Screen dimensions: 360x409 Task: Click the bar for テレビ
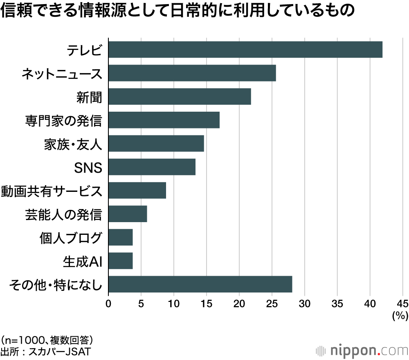pyautogui.click(x=245, y=49)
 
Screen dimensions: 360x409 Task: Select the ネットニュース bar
pyautogui.click(x=192, y=73)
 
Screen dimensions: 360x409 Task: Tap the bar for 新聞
pyautogui.click(x=180, y=97)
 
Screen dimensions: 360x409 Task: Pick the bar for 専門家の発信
pyautogui.click(x=164, y=120)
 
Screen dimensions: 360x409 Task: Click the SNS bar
pyautogui.click(x=152, y=167)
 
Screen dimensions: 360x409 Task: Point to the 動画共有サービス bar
pyautogui.click(x=137, y=190)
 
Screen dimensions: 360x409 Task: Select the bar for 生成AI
pyautogui.click(x=121, y=261)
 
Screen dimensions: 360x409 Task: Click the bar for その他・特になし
pyautogui.click(x=200, y=284)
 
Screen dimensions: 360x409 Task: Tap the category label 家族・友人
pyautogui.click(x=72, y=144)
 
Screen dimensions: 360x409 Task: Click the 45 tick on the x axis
pyautogui.click(x=402, y=304)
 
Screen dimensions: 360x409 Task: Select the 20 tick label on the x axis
pyautogui.click(x=239, y=304)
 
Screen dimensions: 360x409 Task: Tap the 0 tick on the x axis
pyautogui.click(x=108, y=304)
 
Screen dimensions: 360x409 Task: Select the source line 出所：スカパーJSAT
pyautogui.click(x=45, y=351)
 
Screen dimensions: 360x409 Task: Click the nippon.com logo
pyautogui.click(x=362, y=351)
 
